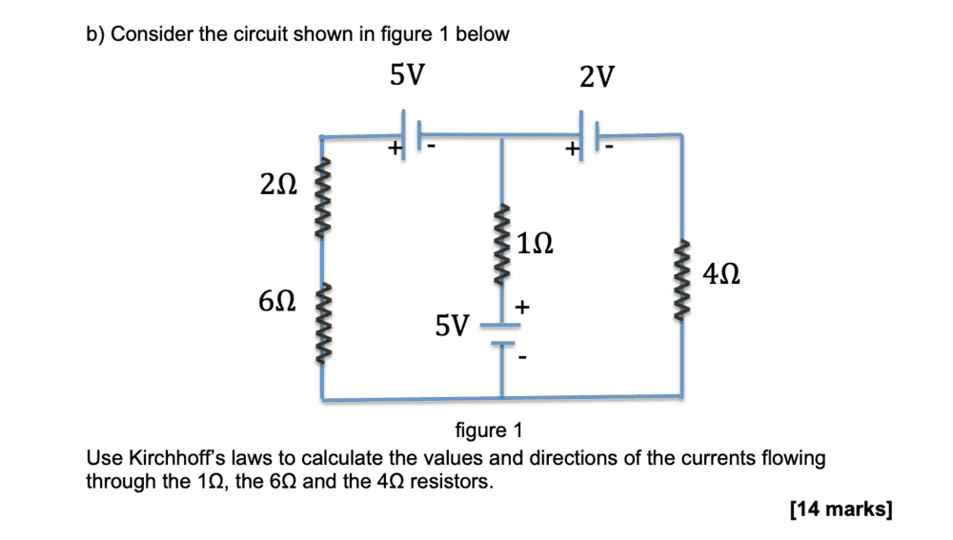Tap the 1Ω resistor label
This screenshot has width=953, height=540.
537,243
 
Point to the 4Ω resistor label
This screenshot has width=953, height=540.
721,276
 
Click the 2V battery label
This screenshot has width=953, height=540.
597,77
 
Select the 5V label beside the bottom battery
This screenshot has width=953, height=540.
452,328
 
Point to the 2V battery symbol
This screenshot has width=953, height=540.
588,133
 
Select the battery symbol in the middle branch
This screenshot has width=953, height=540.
502,334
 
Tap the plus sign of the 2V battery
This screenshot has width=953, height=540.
571,150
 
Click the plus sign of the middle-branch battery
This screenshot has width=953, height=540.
522,308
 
